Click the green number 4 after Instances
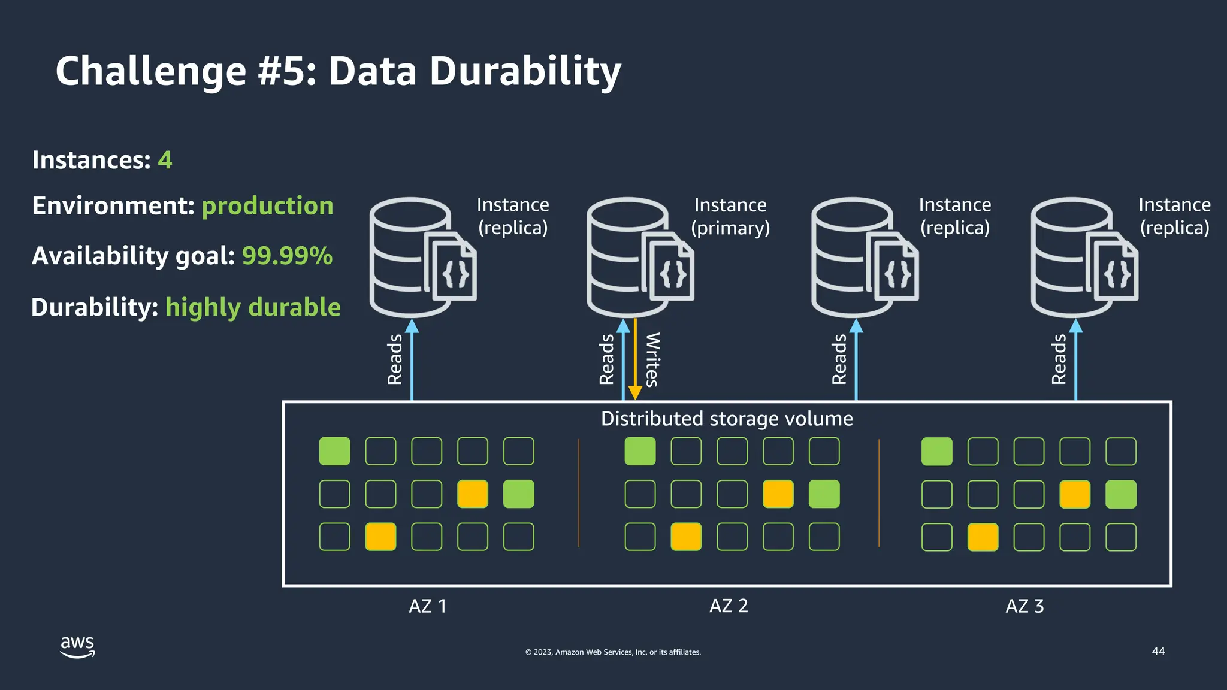pos(165,160)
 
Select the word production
pos(267,206)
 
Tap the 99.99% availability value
pos(287,256)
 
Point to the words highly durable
pos(253,307)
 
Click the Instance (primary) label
pos(730,216)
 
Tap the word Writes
pos(652,359)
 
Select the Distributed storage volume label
pos(727,419)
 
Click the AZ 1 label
pos(428,606)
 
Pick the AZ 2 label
pos(729,606)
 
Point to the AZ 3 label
pos(1024,606)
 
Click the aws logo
pos(77,646)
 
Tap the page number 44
pos(1158,651)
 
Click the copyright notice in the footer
pos(613,652)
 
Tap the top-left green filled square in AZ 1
pos(334,452)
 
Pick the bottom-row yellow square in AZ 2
pos(686,537)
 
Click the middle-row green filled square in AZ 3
pos(1120,494)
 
